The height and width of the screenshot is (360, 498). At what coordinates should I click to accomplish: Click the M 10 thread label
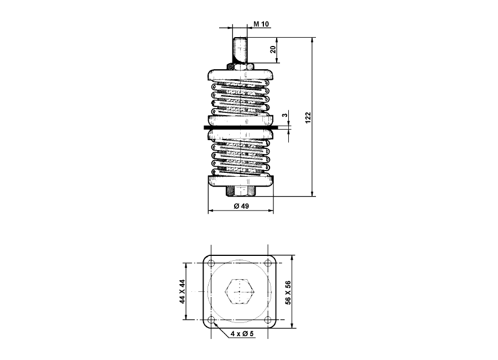[261, 24]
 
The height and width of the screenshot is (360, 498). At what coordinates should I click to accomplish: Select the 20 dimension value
[273, 49]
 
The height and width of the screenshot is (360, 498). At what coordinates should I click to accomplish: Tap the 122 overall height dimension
[308, 117]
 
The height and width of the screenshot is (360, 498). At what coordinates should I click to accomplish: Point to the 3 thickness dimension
[285, 115]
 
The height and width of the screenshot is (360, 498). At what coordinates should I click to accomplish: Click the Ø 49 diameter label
[241, 206]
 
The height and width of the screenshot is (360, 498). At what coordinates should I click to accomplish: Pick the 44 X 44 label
[182, 291]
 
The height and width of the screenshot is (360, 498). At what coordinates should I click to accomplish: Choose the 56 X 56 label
[288, 292]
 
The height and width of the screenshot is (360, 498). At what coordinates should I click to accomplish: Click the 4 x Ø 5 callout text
[242, 333]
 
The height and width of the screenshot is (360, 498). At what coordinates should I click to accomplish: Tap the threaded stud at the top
[241, 50]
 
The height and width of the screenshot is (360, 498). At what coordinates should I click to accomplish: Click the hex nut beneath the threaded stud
[241, 66]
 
